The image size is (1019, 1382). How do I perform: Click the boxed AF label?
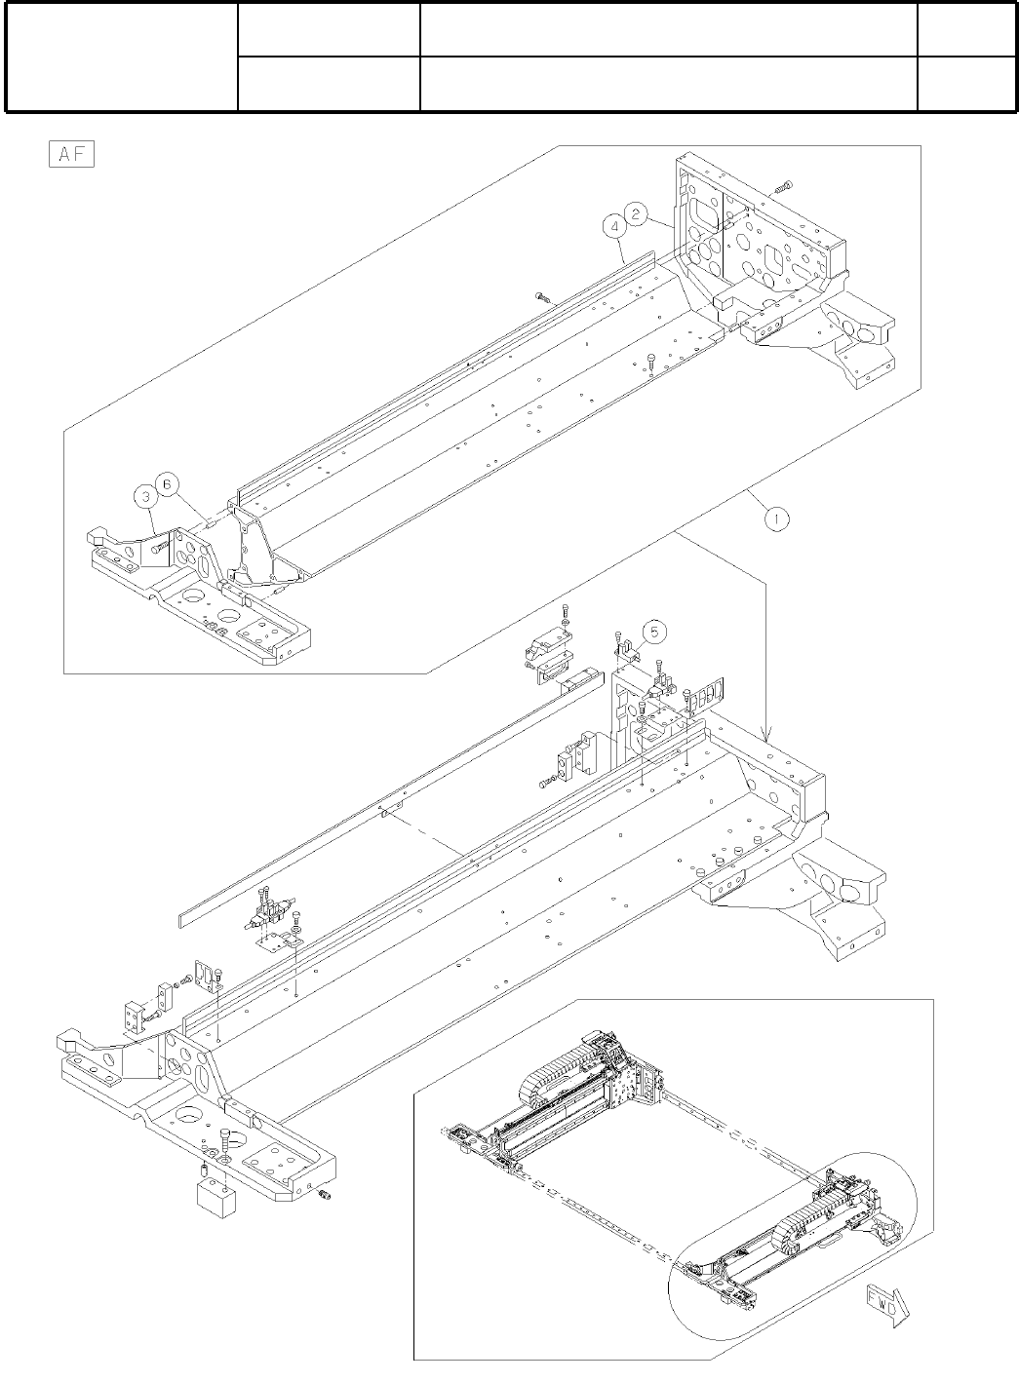(x=71, y=154)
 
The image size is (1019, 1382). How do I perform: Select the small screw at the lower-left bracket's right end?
(x=326, y=1192)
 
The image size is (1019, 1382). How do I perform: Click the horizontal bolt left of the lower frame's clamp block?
(x=547, y=782)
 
